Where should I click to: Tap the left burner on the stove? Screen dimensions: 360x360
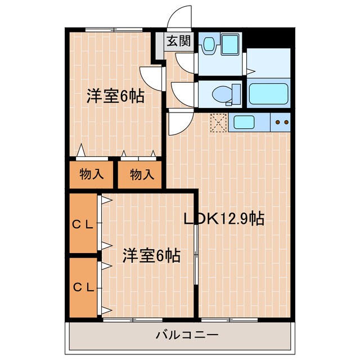(x=277, y=121)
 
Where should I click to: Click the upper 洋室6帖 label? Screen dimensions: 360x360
(x=115, y=96)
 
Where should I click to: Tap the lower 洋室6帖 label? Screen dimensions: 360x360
(x=151, y=256)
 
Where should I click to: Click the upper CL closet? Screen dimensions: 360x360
(x=83, y=224)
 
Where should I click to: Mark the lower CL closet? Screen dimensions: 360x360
(x=83, y=287)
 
